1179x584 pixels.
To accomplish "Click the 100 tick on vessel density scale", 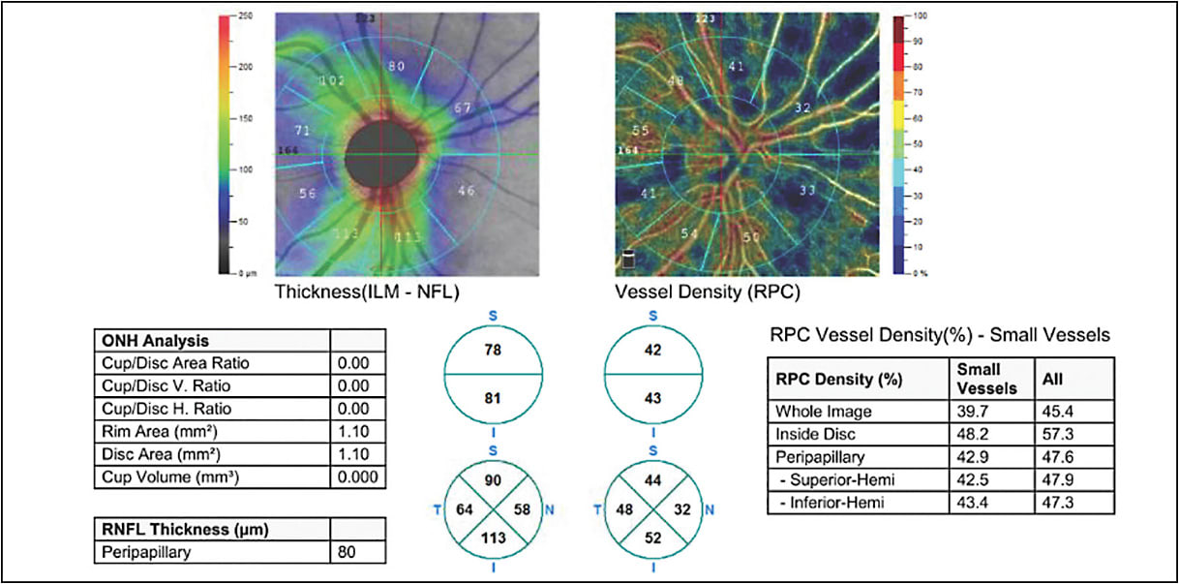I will coord(921,17).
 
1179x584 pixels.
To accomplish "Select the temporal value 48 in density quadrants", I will coord(622,508).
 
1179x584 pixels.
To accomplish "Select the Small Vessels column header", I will coord(981,378).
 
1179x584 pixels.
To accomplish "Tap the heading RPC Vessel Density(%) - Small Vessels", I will coord(939,335).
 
